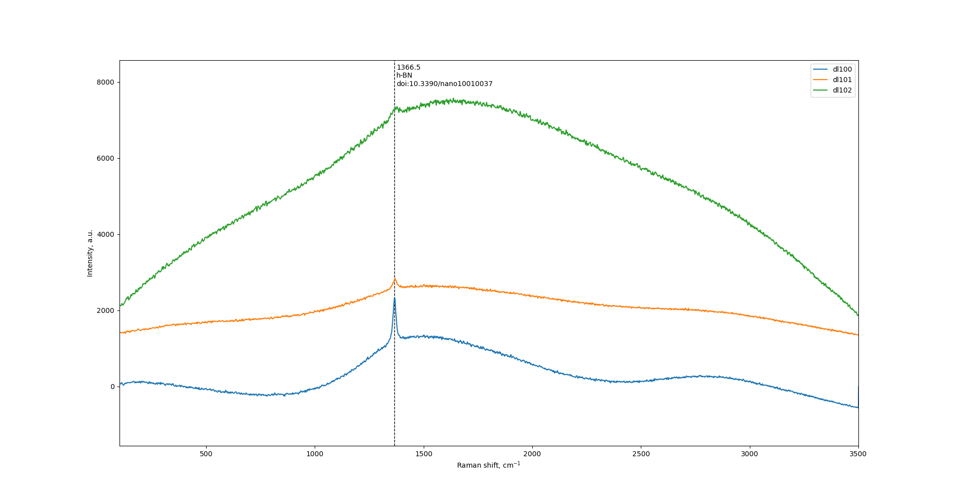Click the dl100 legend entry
tap(842, 69)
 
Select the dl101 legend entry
tap(842, 80)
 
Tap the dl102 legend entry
tap(842, 91)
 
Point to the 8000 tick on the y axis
tap(106, 82)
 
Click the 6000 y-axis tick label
tap(106, 158)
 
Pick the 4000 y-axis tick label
tap(106, 234)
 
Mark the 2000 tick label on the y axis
tap(106, 310)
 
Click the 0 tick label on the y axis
tap(113, 387)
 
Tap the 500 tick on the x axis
tap(206, 454)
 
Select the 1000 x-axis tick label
tap(315, 454)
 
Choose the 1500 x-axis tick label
tap(424, 454)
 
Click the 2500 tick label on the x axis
tap(641, 454)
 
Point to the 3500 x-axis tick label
tap(858, 454)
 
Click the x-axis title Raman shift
tap(488, 465)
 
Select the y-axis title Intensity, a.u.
tap(90, 253)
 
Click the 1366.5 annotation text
tap(408, 67)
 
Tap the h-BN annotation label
tap(404, 76)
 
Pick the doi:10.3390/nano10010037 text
tap(444, 84)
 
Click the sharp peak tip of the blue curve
tap(394, 298)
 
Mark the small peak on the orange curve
tap(395, 279)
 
